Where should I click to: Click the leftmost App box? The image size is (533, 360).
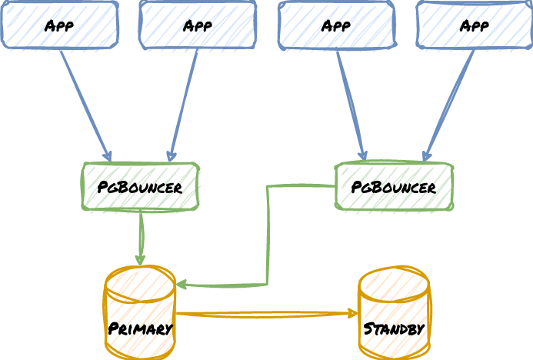(x=60, y=25)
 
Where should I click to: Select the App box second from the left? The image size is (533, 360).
(x=198, y=25)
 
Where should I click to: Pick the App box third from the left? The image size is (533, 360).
(x=336, y=25)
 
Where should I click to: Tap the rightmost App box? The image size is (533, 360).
(x=475, y=25)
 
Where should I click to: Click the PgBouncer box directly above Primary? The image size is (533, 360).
(x=140, y=186)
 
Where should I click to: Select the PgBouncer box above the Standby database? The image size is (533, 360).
(x=394, y=186)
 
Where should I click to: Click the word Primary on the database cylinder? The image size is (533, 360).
(x=140, y=328)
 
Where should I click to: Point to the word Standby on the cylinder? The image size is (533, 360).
(x=394, y=328)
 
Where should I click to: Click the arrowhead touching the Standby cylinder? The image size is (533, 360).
(x=354, y=313)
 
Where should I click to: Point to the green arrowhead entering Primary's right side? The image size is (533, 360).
(x=181, y=285)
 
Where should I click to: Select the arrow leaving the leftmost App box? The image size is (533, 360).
(x=85, y=105)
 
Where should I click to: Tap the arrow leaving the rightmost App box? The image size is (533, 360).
(x=449, y=105)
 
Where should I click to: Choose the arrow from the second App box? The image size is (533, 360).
(x=184, y=105)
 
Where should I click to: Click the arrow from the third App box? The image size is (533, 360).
(x=350, y=105)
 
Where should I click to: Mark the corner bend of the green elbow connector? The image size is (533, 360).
(x=268, y=285)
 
